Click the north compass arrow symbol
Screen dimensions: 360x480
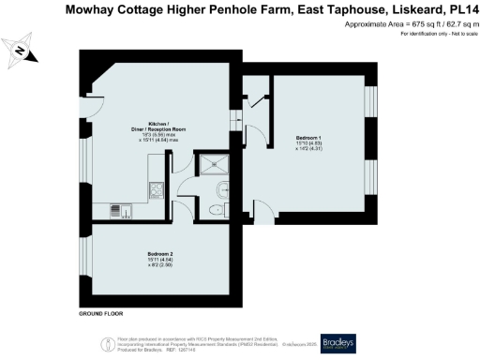coord(22,52)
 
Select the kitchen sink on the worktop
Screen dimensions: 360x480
coord(117,209)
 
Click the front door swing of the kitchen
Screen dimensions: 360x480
coord(94,112)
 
